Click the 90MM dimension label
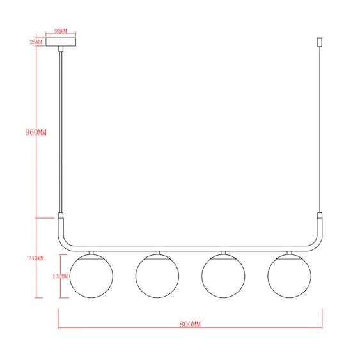tap(61, 31)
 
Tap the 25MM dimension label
tap(36, 42)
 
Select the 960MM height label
tap(36, 132)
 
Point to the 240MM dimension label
tap(36, 258)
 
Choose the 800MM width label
tap(190, 325)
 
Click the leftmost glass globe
tap(91, 276)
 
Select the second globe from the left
tap(157, 276)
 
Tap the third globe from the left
tap(223, 276)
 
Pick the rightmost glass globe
tap(289, 276)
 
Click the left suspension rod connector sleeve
tap(61, 216)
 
